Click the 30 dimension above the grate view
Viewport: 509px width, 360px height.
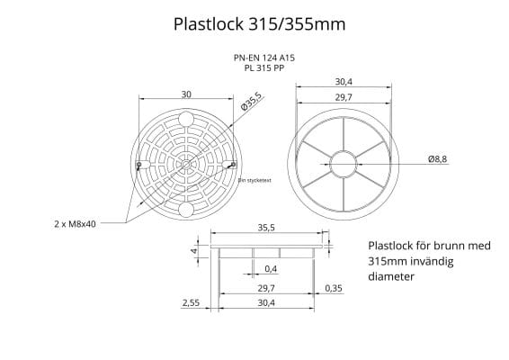(x=186, y=94)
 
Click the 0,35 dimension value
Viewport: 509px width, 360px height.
(x=334, y=288)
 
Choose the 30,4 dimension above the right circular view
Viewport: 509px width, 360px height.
(x=343, y=82)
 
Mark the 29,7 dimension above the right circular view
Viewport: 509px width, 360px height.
(x=343, y=96)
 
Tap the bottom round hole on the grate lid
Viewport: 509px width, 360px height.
(x=185, y=210)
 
